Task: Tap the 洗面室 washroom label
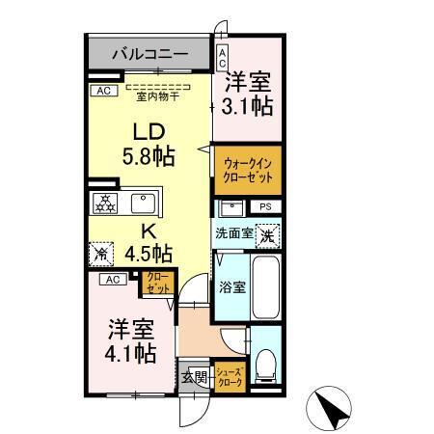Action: pyautogui.click(x=233, y=232)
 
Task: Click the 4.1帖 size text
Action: pyautogui.click(x=130, y=353)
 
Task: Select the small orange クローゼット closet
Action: pyautogui.click(x=157, y=285)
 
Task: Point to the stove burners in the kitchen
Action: pyautogui.click(x=105, y=203)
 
